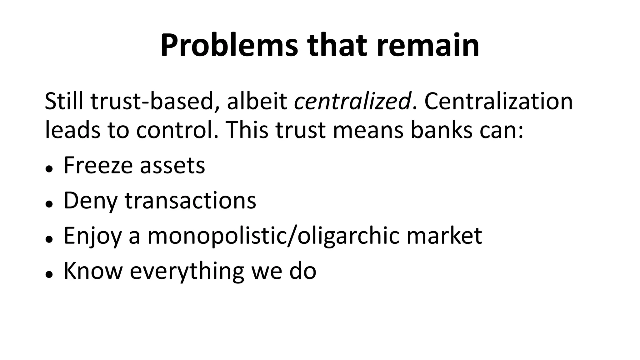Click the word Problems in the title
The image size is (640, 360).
tap(229, 46)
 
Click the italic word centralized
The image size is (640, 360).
tap(352, 101)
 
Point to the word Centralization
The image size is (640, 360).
tap(498, 101)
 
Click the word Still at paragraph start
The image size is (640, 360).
tap(64, 101)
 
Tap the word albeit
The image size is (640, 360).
tap(257, 101)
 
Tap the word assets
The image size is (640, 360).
tap(172, 166)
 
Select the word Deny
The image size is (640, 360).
tap(90, 201)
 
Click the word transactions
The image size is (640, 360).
tap(190, 200)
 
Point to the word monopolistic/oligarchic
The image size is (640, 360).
tap(273, 236)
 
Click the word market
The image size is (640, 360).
tap(444, 235)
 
